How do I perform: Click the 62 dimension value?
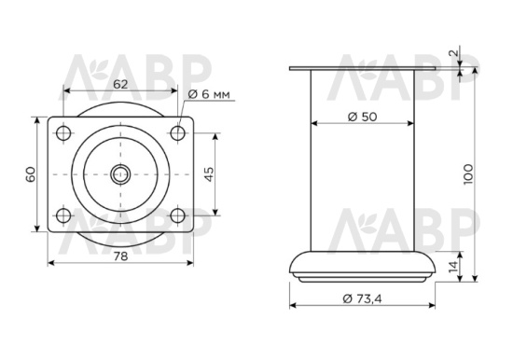pyautogui.click(x=120, y=85)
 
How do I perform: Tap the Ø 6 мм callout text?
pyautogui.click(x=209, y=94)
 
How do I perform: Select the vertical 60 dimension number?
pyautogui.click(x=31, y=174)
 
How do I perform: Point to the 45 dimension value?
pyautogui.click(x=209, y=174)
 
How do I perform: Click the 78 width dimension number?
pyautogui.click(x=120, y=256)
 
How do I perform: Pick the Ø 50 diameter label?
pyautogui.click(x=362, y=117)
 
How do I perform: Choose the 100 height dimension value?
pyautogui.click(x=468, y=174)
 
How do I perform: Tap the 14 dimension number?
pyautogui.click(x=453, y=267)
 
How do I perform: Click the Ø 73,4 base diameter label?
pyautogui.click(x=362, y=298)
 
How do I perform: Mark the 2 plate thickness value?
pyautogui.click(x=453, y=52)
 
